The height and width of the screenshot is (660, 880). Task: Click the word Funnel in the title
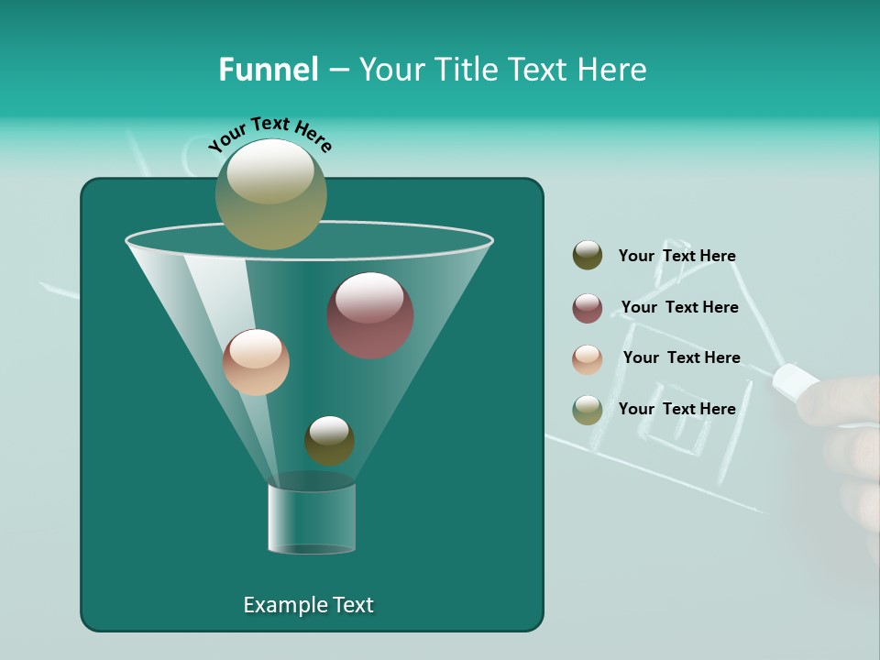(268, 70)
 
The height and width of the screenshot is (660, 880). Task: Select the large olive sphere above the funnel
(271, 193)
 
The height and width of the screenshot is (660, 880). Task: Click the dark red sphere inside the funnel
(370, 315)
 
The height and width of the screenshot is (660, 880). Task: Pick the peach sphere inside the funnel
(256, 362)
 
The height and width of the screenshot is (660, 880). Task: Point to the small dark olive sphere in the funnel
(329, 440)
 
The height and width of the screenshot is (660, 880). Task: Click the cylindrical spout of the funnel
(312, 519)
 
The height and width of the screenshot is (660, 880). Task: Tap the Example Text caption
(308, 605)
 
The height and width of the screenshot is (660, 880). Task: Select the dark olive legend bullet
(588, 256)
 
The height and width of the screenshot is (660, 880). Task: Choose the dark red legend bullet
(588, 308)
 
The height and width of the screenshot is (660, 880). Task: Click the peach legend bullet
(588, 359)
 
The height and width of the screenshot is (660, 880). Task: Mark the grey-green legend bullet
(588, 410)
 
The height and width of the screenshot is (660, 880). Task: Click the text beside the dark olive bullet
(676, 256)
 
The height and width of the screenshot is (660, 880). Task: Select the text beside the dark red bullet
(679, 307)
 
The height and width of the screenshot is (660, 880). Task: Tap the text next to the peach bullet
(681, 357)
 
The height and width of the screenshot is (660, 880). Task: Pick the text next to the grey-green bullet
(676, 409)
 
